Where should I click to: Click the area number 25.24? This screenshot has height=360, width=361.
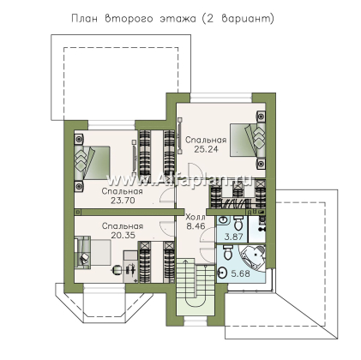[206, 149]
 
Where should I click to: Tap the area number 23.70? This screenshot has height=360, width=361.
[123, 201]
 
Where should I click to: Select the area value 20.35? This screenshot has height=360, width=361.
[123, 236]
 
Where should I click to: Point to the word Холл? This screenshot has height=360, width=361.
[196, 217]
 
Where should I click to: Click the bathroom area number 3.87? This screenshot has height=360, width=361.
[233, 237]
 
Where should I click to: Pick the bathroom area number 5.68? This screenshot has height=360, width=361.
[240, 273]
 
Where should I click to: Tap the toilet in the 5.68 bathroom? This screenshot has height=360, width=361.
[228, 252]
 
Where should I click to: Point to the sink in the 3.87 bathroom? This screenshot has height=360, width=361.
[222, 219]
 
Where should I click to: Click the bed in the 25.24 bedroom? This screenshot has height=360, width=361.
[248, 140]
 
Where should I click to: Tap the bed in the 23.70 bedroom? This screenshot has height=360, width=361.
[92, 163]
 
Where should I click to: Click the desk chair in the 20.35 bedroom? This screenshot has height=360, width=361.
[117, 269]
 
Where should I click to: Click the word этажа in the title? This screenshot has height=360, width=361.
[177, 19]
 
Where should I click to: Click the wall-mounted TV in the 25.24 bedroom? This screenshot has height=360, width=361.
[179, 135]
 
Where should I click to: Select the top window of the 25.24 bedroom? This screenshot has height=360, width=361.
[221, 98]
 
